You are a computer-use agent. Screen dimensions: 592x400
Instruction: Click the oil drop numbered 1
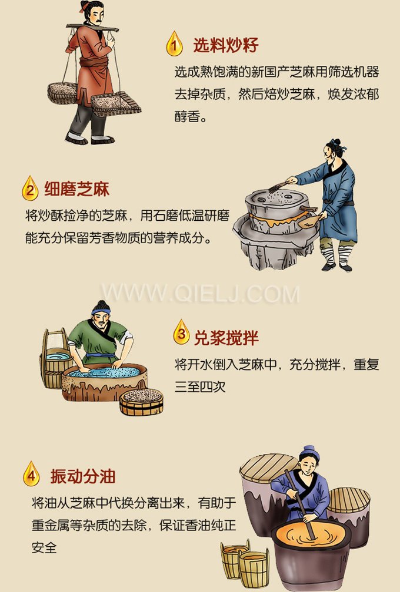(x=174, y=44)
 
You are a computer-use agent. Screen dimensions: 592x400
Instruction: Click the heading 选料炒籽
(x=226, y=45)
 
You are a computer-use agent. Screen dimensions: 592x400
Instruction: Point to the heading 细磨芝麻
(x=76, y=189)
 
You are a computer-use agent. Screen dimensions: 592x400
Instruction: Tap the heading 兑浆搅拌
(x=226, y=338)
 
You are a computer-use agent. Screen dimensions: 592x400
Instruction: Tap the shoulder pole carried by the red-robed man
(x=97, y=27)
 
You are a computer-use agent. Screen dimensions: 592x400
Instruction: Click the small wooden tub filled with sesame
(x=141, y=402)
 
